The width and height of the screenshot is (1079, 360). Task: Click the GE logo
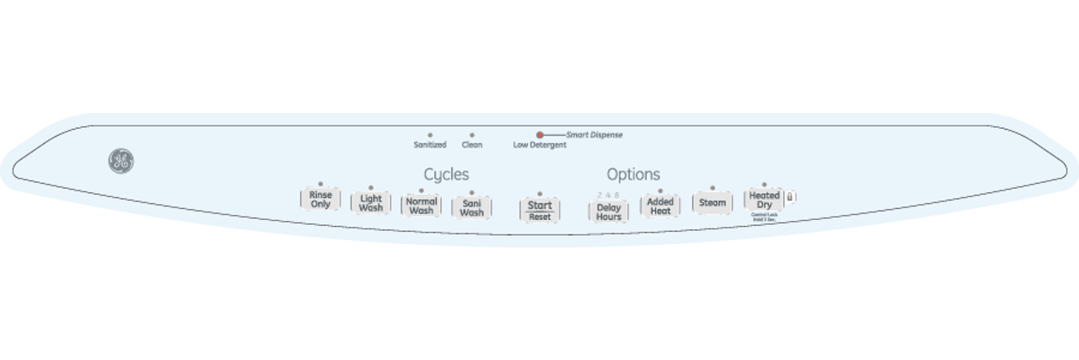[121, 162]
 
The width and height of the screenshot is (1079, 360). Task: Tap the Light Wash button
[371, 204]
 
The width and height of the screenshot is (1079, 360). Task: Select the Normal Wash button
[421, 206]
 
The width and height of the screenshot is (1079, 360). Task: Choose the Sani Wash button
[471, 207]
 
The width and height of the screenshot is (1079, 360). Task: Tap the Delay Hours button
[609, 212]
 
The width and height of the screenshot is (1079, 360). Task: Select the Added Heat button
[660, 207]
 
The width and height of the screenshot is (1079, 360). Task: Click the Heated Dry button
[764, 200]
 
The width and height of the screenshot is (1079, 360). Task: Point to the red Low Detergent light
[539, 135]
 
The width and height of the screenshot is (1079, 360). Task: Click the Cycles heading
[446, 175]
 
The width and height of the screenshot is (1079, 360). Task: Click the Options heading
[633, 175]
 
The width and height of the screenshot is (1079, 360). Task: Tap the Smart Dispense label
[594, 135]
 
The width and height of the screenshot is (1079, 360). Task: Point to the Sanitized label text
[430, 145]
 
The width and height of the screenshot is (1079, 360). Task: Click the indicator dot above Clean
[472, 135]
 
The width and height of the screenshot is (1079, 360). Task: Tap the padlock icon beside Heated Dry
[790, 197]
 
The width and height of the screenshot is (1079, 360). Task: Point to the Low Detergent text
[539, 145]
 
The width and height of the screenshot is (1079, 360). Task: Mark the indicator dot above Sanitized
[430, 135]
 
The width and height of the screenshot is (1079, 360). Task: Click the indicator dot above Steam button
[712, 188]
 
